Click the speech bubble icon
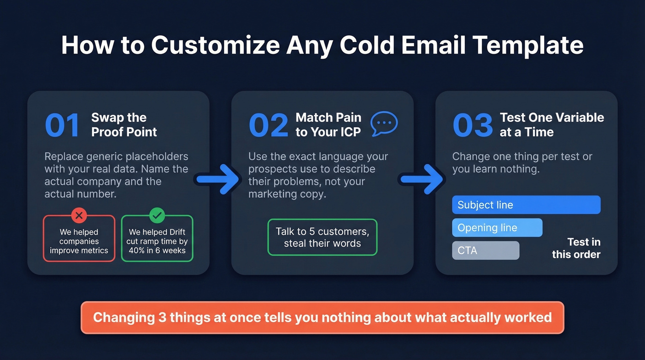[384, 124]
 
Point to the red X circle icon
[79, 215]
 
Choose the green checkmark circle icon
[157, 215]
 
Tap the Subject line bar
[526, 205]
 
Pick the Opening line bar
[497, 228]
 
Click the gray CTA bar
[486, 251]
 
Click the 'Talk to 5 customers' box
[322, 237]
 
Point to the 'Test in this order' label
[576, 248]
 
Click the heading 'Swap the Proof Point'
[124, 125]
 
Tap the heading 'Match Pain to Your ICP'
[328, 125]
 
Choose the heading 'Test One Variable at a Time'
[551, 125]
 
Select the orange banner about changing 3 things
[322, 317]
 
